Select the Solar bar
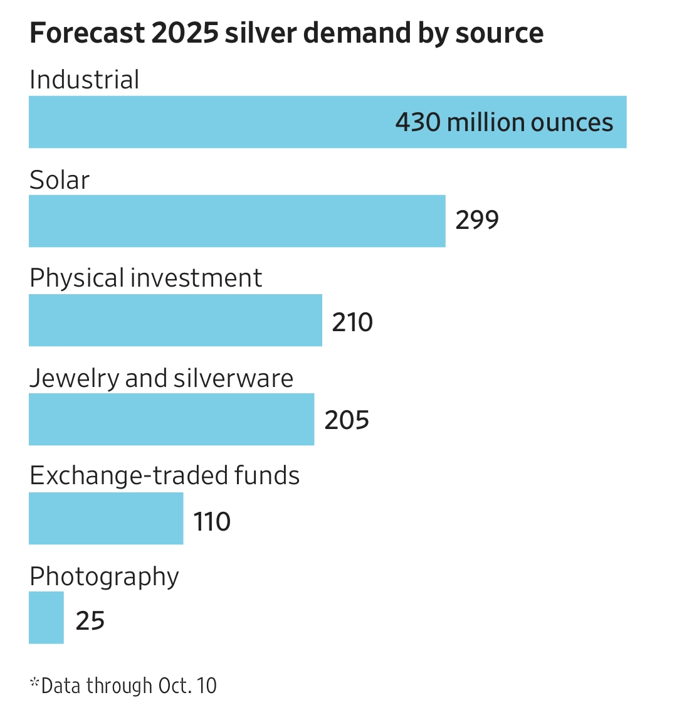237,221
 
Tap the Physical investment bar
176,320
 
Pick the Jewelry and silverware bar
171,419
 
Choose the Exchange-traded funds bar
106,518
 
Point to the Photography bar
46,617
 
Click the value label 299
477,221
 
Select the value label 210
352,322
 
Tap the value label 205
347,420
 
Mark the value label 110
212,522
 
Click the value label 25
90,621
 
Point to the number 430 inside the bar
418,122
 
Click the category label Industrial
85,80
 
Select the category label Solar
60,180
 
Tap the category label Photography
104,577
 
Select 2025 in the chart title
184,33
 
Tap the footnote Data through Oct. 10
128,686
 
